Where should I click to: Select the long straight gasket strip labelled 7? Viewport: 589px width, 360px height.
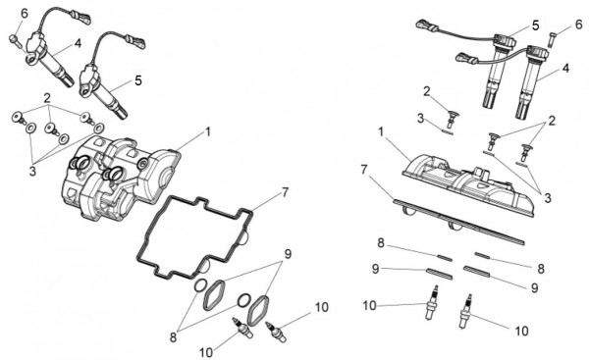pyautogui.click(x=458, y=222)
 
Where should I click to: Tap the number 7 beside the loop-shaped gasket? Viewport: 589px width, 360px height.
pyautogui.click(x=285, y=192)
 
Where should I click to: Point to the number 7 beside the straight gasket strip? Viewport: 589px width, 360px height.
pyautogui.click(x=364, y=170)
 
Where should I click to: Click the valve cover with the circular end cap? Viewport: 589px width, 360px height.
pyautogui.click(x=120, y=178)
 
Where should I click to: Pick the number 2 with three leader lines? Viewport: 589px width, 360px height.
pyautogui.click(x=47, y=98)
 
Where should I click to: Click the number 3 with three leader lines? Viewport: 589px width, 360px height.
pyautogui.click(x=32, y=171)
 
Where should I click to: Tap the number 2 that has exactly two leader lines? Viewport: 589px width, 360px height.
pyautogui.click(x=552, y=121)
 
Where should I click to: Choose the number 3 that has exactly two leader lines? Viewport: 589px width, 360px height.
pyautogui.click(x=548, y=198)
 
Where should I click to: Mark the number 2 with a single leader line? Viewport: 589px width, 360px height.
pyautogui.click(x=426, y=91)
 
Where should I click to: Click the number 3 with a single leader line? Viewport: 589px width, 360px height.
pyautogui.click(x=420, y=119)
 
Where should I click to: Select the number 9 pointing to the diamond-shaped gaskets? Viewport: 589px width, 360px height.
pyautogui.click(x=288, y=254)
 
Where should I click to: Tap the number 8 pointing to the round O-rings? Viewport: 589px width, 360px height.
pyautogui.click(x=173, y=337)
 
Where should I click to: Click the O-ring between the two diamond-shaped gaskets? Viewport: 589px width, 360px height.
pyautogui.click(x=243, y=299)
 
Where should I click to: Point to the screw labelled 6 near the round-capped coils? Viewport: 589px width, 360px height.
pyautogui.click(x=551, y=39)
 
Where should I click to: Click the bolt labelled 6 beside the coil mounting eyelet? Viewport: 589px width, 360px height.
pyautogui.click(x=14, y=40)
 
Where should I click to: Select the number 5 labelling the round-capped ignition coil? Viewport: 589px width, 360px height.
pyautogui.click(x=536, y=26)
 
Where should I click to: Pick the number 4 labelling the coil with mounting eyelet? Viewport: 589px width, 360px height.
pyautogui.click(x=78, y=43)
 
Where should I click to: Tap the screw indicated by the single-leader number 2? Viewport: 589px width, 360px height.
pyautogui.click(x=452, y=118)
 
